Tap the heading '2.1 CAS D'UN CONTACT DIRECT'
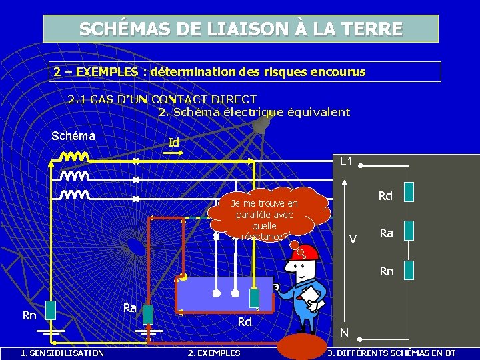click(162, 99)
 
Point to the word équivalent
click(318, 111)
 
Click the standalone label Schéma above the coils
click(73, 136)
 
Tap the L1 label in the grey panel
click(347, 161)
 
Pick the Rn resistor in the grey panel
click(413, 269)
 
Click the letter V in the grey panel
click(353, 239)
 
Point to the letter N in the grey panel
click(344, 331)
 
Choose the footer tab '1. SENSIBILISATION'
click(62, 353)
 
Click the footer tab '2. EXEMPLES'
click(214, 353)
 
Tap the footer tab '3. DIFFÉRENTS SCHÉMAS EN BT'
click(391, 353)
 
